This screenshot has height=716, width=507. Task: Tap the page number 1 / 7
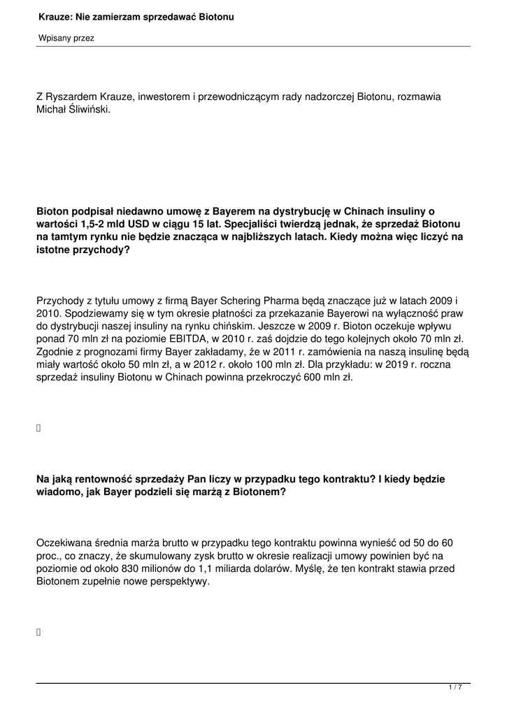click(455, 688)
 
